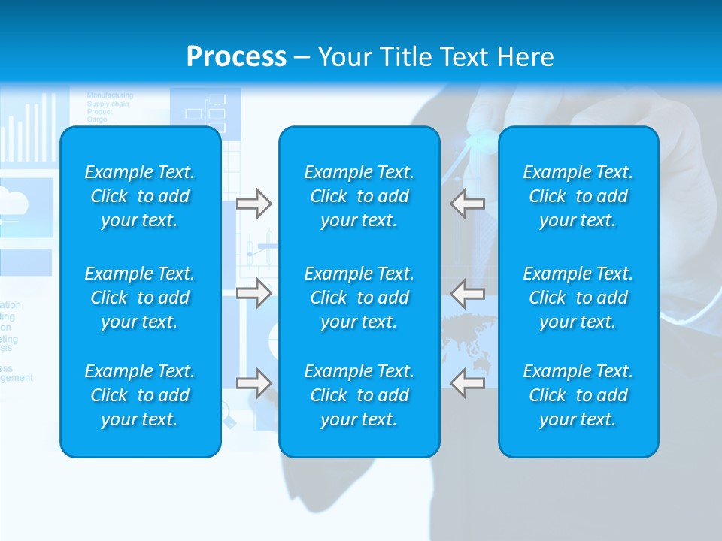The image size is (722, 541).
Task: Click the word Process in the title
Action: tap(236, 57)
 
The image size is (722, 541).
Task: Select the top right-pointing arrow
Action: tap(253, 204)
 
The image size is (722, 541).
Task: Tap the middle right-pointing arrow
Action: tap(253, 293)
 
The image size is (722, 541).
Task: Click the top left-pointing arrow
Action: tap(468, 204)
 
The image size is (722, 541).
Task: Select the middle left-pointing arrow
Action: tap(468, 293)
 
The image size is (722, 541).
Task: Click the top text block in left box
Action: tap(140, 196)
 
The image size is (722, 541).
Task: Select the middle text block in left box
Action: tap(140, 298)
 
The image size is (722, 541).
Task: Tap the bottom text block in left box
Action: tap(140, 395)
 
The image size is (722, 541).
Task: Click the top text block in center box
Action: tap(359, 196)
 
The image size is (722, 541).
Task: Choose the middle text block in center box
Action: tap(359, 298)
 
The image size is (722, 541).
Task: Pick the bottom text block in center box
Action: tap(359, 395)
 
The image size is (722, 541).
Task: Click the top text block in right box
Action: tap(578, 196)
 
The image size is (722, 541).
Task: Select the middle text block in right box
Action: tap(578, 298)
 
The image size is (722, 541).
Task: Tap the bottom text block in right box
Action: tap(578, 395)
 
